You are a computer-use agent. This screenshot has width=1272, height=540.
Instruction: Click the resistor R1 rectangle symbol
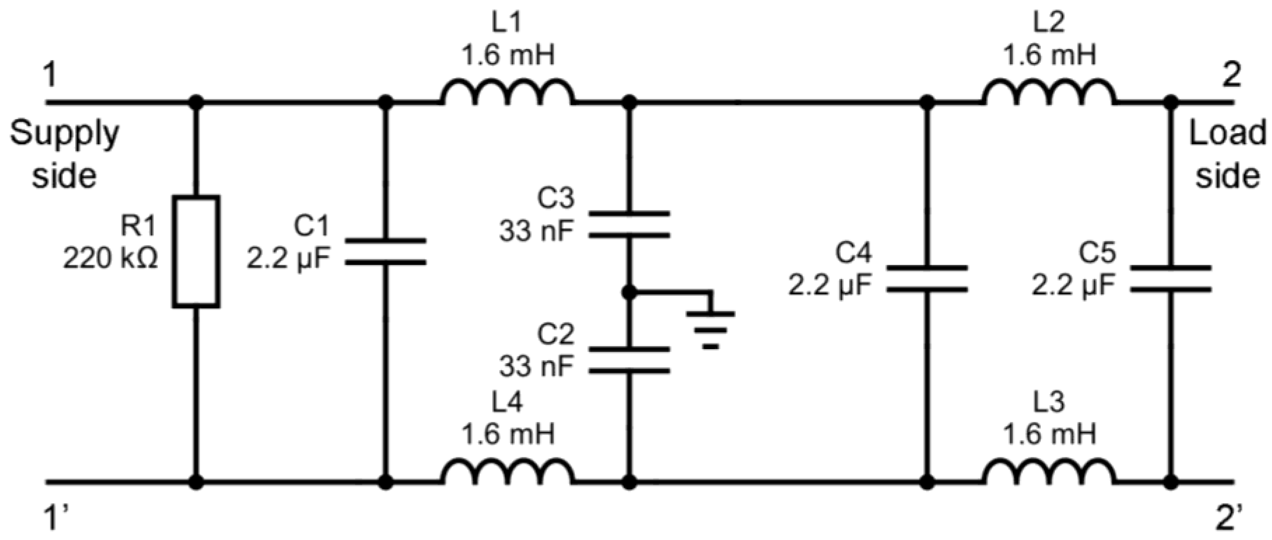click(196, 252)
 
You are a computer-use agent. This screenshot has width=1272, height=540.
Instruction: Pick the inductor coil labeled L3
click(1049, 473)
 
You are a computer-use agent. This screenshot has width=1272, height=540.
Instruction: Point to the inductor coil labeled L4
click(508, 473)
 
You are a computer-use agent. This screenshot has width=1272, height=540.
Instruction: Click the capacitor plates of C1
click(385, 252)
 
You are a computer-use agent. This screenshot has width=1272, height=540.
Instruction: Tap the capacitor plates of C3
click(629, 225)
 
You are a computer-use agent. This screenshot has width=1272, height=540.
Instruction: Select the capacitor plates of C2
click(629, 360)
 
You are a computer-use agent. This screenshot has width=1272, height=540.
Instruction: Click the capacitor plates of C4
click(927, 279)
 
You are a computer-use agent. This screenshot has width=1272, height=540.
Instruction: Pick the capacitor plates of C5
click(1170, 279)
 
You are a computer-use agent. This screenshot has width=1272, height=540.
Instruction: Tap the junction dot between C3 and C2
click(629, 293)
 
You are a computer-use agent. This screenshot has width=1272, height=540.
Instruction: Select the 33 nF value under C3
click(537, 231)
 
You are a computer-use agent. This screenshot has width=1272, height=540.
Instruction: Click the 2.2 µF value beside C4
click(830, 286)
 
